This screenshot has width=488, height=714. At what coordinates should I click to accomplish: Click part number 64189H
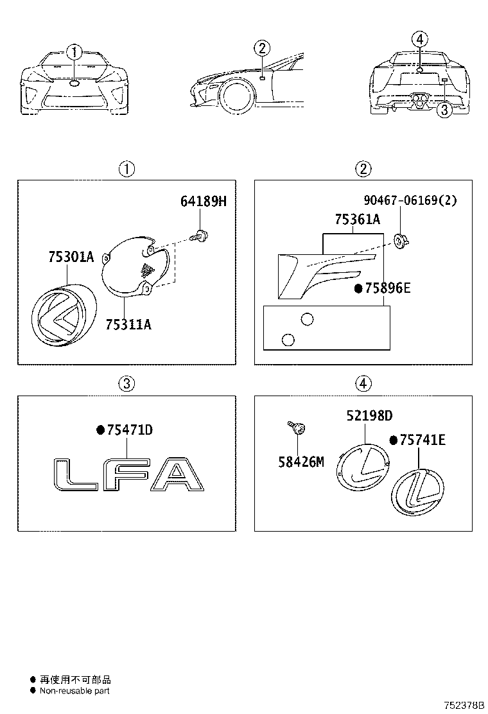click(x=204, y=202)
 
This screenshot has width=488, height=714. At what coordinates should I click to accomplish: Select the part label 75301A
click(x=71, y=257)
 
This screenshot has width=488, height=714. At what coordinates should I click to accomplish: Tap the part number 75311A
click(x=128, y=324)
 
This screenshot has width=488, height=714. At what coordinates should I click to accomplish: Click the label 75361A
click(x=357, y=220)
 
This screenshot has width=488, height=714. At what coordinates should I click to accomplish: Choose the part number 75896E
click(x=387, y=288)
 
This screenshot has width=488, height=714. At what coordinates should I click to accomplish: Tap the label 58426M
click(x=301, y=461)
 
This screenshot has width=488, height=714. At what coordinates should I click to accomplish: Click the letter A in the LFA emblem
click(x=177, y=476)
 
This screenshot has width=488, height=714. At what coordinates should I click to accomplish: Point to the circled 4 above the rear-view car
click(x=419, y=40)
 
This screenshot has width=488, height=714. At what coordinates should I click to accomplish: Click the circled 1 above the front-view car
click(x=75, y=52)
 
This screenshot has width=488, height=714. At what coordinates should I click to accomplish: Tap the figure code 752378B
click(x=464, y=705)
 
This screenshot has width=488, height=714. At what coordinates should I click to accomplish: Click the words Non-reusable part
click(x=74, y=691)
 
